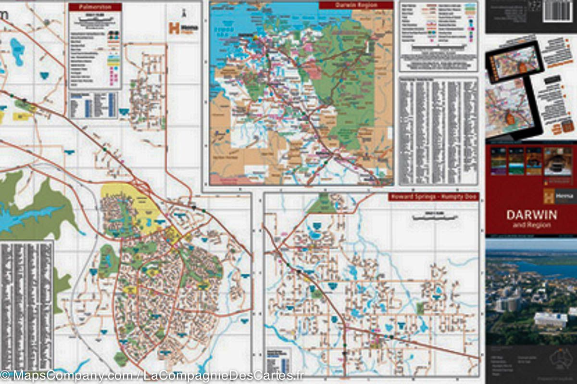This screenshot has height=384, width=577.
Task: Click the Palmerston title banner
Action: tap(95, 7)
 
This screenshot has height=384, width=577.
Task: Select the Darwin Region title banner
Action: tap(356, 5)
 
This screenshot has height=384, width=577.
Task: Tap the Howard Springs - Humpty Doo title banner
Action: tap(433, 197)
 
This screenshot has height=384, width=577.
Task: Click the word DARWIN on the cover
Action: tap(531, 214)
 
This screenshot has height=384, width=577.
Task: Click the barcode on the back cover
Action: tap(559, 11)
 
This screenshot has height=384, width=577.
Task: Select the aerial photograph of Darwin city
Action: tap(531, 291)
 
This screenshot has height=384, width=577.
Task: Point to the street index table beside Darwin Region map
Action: tap(438, 131)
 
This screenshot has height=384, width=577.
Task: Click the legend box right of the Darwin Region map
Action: tap(438, 36)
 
